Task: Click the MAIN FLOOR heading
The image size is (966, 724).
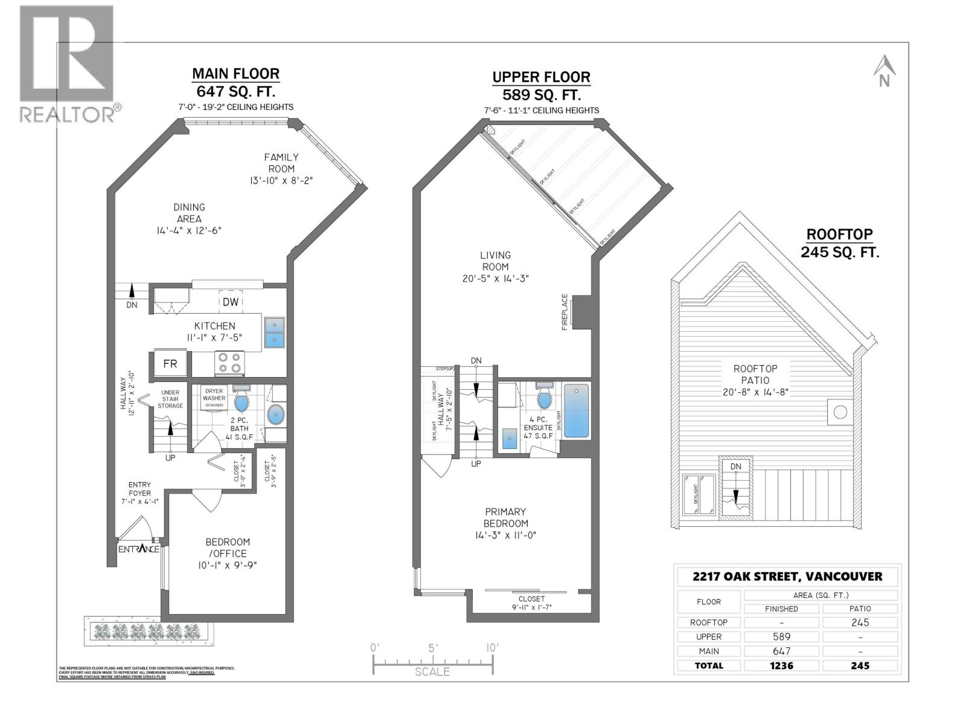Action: point(235,74)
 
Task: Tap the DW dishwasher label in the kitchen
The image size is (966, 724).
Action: point(231,302)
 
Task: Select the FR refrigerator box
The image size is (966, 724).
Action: point(170,364)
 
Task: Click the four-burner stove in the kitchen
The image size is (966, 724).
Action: point(229,363)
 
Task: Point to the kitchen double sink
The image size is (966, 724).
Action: point(274,332)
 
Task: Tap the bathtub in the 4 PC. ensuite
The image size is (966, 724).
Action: point(576,411)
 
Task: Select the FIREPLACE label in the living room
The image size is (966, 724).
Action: point(565,312)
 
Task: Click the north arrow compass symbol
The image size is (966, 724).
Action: point(884,71)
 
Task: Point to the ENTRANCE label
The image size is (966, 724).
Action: point(139,549)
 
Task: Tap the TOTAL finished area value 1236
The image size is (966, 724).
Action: point(781,665)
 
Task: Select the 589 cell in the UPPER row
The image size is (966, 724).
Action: point(781,637)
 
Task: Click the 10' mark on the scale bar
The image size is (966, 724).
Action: point(492,648)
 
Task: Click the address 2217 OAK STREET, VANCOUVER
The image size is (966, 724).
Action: point(787,576)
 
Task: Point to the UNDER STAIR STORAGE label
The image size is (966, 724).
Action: point(170,399)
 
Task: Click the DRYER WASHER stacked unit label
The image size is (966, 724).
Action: point(214,398)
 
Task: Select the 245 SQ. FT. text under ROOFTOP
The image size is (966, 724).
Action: point(840,252)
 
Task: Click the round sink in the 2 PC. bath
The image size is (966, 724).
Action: point(276,414)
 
